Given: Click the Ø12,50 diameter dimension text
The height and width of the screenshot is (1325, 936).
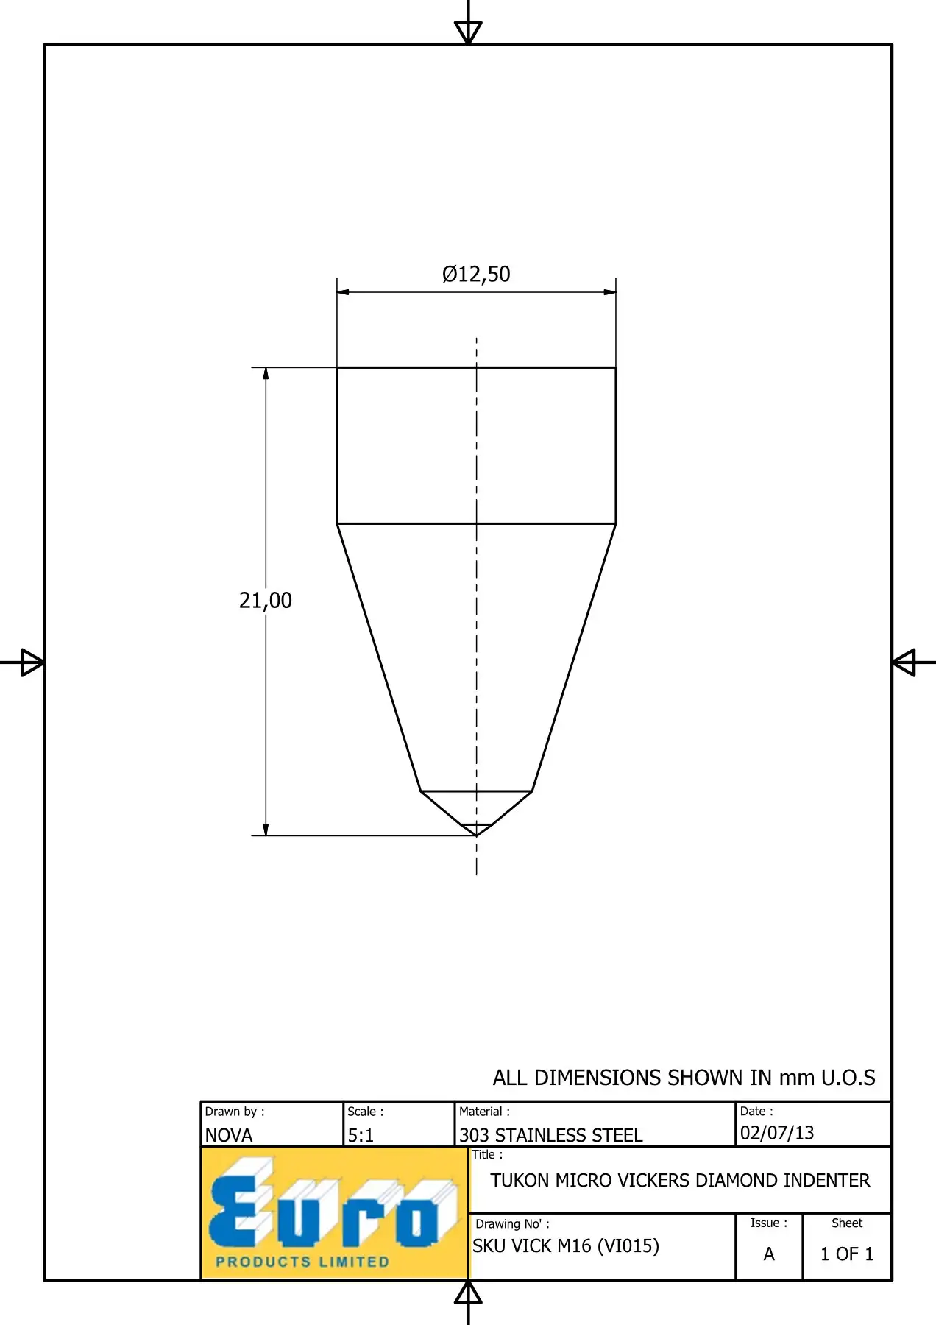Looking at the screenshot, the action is (x=476, y=274).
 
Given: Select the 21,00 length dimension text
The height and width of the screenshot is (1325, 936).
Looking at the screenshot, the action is (x=266, y=601).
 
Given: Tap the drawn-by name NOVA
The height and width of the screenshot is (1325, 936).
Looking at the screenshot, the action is (x=229, y=1135).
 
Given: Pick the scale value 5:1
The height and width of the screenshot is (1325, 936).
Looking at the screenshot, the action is (x=361, y=1135).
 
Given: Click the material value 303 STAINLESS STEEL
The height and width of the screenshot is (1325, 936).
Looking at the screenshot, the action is (x=551, y=1135).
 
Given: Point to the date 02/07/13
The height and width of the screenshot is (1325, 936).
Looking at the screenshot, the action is (x=777, y=1132).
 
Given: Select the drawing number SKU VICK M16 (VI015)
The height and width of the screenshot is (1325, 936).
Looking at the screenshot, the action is (x=566, y=1245).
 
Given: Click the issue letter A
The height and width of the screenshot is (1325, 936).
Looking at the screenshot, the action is (x=769, y=1254).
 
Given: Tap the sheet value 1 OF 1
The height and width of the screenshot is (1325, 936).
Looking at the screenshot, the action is (x=847, y=1254).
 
